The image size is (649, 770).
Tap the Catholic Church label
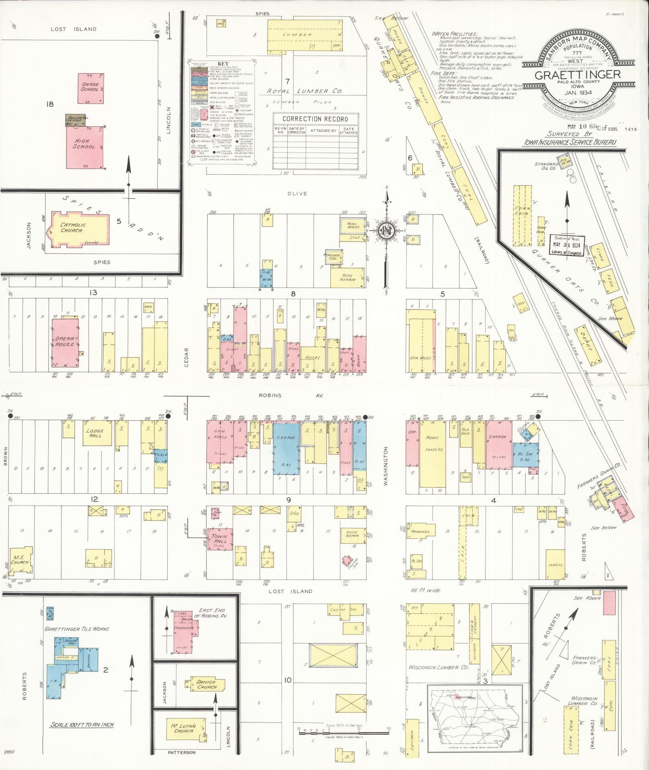[x=71, y=228]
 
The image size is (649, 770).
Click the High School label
[x=84, y=144]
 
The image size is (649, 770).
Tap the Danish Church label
[x=206, y=684]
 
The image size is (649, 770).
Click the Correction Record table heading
[x=315, y=119]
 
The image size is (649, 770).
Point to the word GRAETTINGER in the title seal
[x=577, y=75]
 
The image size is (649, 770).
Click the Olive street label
[x=297, y=194]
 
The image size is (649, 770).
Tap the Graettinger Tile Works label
[x=76, y=629]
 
